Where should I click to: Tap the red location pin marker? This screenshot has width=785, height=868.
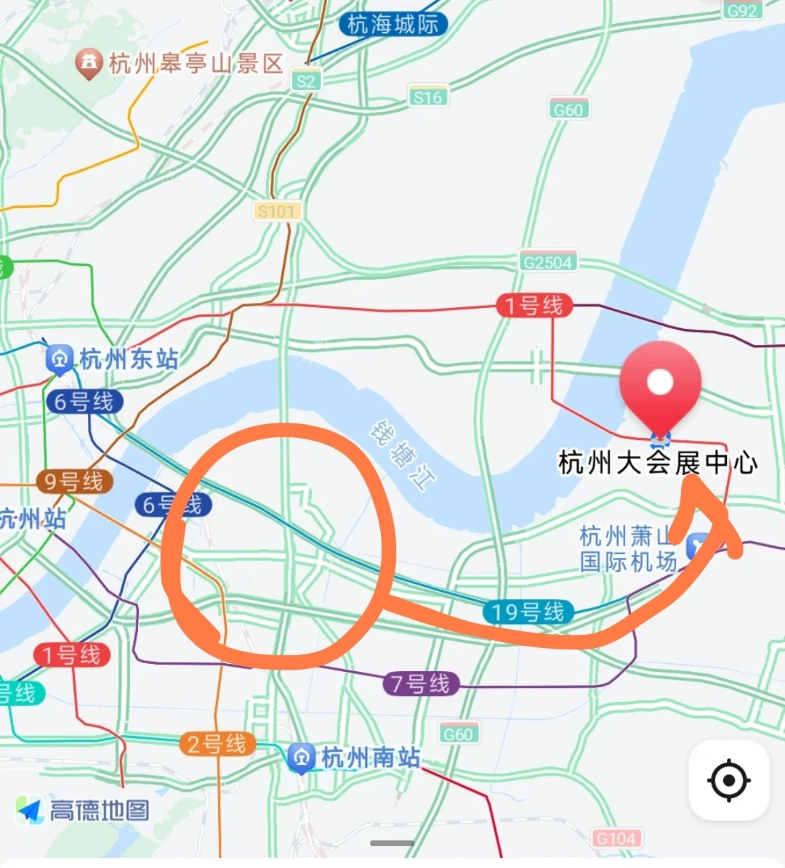(660, 383)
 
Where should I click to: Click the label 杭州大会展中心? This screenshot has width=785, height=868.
(658, 463)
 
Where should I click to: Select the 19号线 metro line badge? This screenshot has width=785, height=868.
(528, 612)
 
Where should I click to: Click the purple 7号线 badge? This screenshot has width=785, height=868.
(420, 684)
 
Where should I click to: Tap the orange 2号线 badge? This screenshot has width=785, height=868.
(217, 744)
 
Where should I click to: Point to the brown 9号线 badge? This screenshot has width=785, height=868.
(73, 481)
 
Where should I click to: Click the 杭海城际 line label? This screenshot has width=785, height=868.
(392, 24)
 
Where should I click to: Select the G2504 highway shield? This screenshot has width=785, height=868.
(548, 261)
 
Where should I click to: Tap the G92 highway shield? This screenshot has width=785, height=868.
(742, 10)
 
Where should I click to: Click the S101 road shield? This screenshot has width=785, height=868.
(276, 211)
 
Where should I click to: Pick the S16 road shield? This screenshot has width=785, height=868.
(427, 97)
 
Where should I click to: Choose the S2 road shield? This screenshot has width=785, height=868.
(306, 81)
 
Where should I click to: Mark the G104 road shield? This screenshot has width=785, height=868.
(616, 838)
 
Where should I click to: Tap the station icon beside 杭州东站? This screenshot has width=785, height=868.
(59, 358)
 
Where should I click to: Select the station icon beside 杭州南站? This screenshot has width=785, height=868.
(301, 758)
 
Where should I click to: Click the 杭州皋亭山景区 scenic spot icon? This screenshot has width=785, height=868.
(89, 63)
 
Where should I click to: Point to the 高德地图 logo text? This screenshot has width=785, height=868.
(100, 810)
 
